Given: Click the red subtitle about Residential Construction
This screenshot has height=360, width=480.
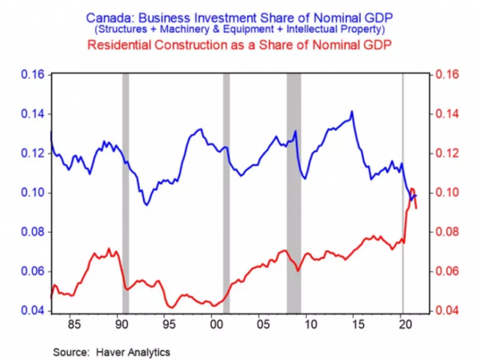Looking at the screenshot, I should click(239, 45).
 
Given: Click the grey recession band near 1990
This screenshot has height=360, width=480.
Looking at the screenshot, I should click(126, 192).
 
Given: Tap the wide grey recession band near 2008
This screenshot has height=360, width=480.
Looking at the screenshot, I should click(294, 192).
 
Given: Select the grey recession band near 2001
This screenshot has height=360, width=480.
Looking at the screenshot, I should click(226, 192).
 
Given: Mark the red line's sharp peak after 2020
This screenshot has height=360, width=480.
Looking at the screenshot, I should click(412, 189).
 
